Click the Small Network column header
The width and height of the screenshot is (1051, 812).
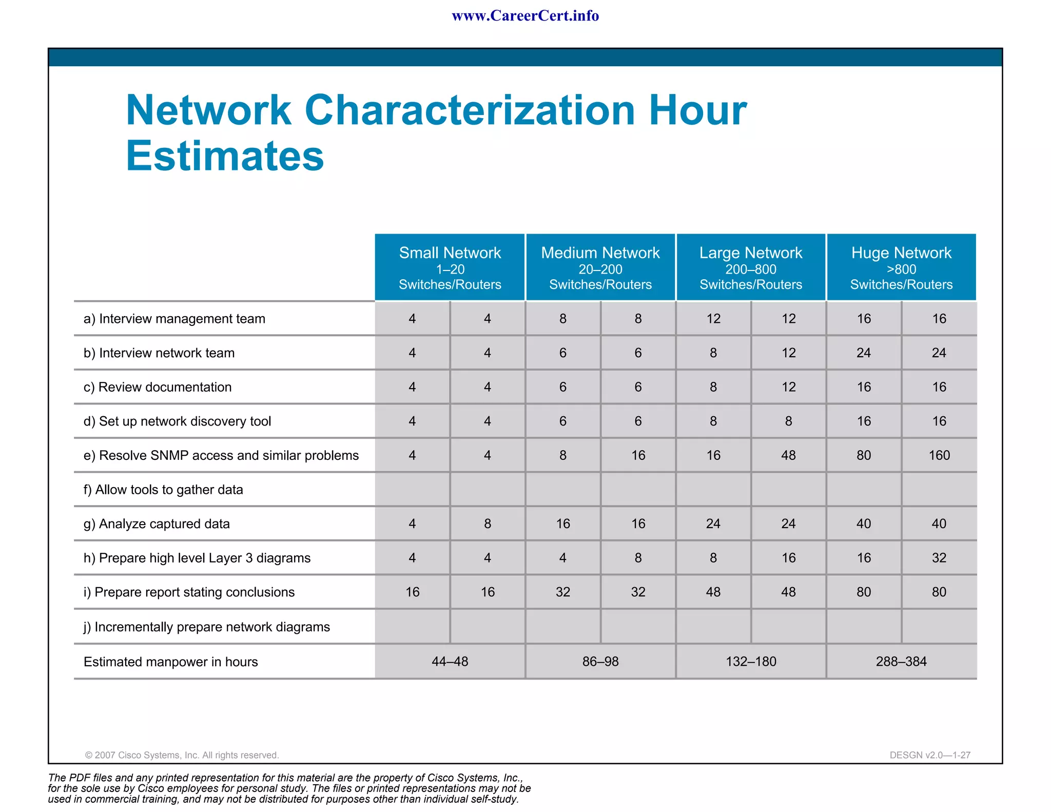pyautogui.click(x=450, y=267)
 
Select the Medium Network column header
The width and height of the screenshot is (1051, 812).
pyautogui.click(x=600, y=267)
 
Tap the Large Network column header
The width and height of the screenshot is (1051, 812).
pyautogui.click(x=750, y=267)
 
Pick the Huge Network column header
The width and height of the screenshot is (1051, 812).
pyautogui.click(x=901, y=267)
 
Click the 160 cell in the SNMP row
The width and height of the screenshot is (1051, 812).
pyautogui.click(x=939, y=455)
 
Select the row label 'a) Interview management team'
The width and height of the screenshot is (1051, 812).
pyautogui.click(x=174, y=319)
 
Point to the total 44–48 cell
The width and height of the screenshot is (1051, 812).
pyautogui.click(x=450, y=662)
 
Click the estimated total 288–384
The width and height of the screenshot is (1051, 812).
pyautogui.click(x=901, y=662)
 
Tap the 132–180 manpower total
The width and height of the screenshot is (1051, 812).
pyautogui.click(x=751, y=662)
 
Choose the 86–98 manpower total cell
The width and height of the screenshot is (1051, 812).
pyautogui.click(x=600, y=662)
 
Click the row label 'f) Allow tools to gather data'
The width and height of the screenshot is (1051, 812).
pyautogui.click(x=163, y=490)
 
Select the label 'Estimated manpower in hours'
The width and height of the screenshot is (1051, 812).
pyautogui.click(x=170, y=662)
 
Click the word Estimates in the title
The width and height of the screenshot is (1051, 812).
pyautogui.click(x=225, y=156)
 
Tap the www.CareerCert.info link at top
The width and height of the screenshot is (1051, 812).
pyautogui.click(x=525, y=16)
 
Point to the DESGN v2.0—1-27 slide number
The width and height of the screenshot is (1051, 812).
pyautogui.click(x=930, y=755)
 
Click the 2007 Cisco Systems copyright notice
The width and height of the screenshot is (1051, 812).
pyautogui.click(x=182, y=755)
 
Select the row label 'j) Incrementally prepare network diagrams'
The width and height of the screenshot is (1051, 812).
pyautogui.click(x=207, y=627)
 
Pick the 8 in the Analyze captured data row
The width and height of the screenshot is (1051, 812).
pyautogui.click(x=488, y=524)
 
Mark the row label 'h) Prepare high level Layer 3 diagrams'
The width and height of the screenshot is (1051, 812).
pyautogui.click(x=197, y=558)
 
